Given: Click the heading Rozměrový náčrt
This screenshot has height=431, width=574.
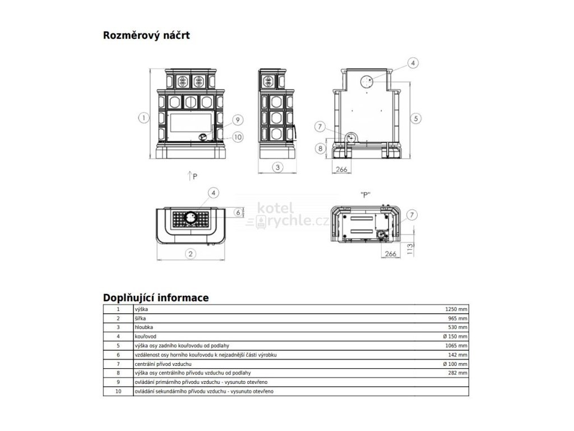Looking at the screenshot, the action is pyautogui.click(x=146, y=36).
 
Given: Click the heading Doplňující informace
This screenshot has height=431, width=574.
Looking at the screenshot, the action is pyautogui.click(x=156, y=297).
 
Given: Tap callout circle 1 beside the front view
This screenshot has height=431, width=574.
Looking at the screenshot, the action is pyautogui.click(x=144, y=118).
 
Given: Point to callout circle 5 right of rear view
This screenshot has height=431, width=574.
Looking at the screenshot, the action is pyautogui.click(x=415, y=118).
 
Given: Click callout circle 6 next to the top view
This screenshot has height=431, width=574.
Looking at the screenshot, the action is pyautogui.click(x=238, y=212).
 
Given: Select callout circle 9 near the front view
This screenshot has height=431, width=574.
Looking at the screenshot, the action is pyautogui.click(x=237, y=120).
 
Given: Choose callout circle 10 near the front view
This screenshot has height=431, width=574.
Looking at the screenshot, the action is pyautogui.click(x=237, y=136).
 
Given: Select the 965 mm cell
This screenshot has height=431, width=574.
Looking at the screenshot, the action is pyautogui.click(x=457, y=318).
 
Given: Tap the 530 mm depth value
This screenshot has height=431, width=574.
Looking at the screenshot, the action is pyautogui.click(x=457, y=327).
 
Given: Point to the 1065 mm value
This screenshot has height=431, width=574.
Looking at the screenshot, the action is pyautogui.click(x=455, y=346).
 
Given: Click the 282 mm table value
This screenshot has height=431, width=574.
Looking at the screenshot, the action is pyautogui.click(x=457, y=373).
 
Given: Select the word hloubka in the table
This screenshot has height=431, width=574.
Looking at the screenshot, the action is pyautogui.click(x=143, y=327).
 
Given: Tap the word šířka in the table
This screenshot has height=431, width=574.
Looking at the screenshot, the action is pyautogui.click(x=140, y=318).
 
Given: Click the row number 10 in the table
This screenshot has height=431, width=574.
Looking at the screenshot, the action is pyautogui.click(x=118, y=391).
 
